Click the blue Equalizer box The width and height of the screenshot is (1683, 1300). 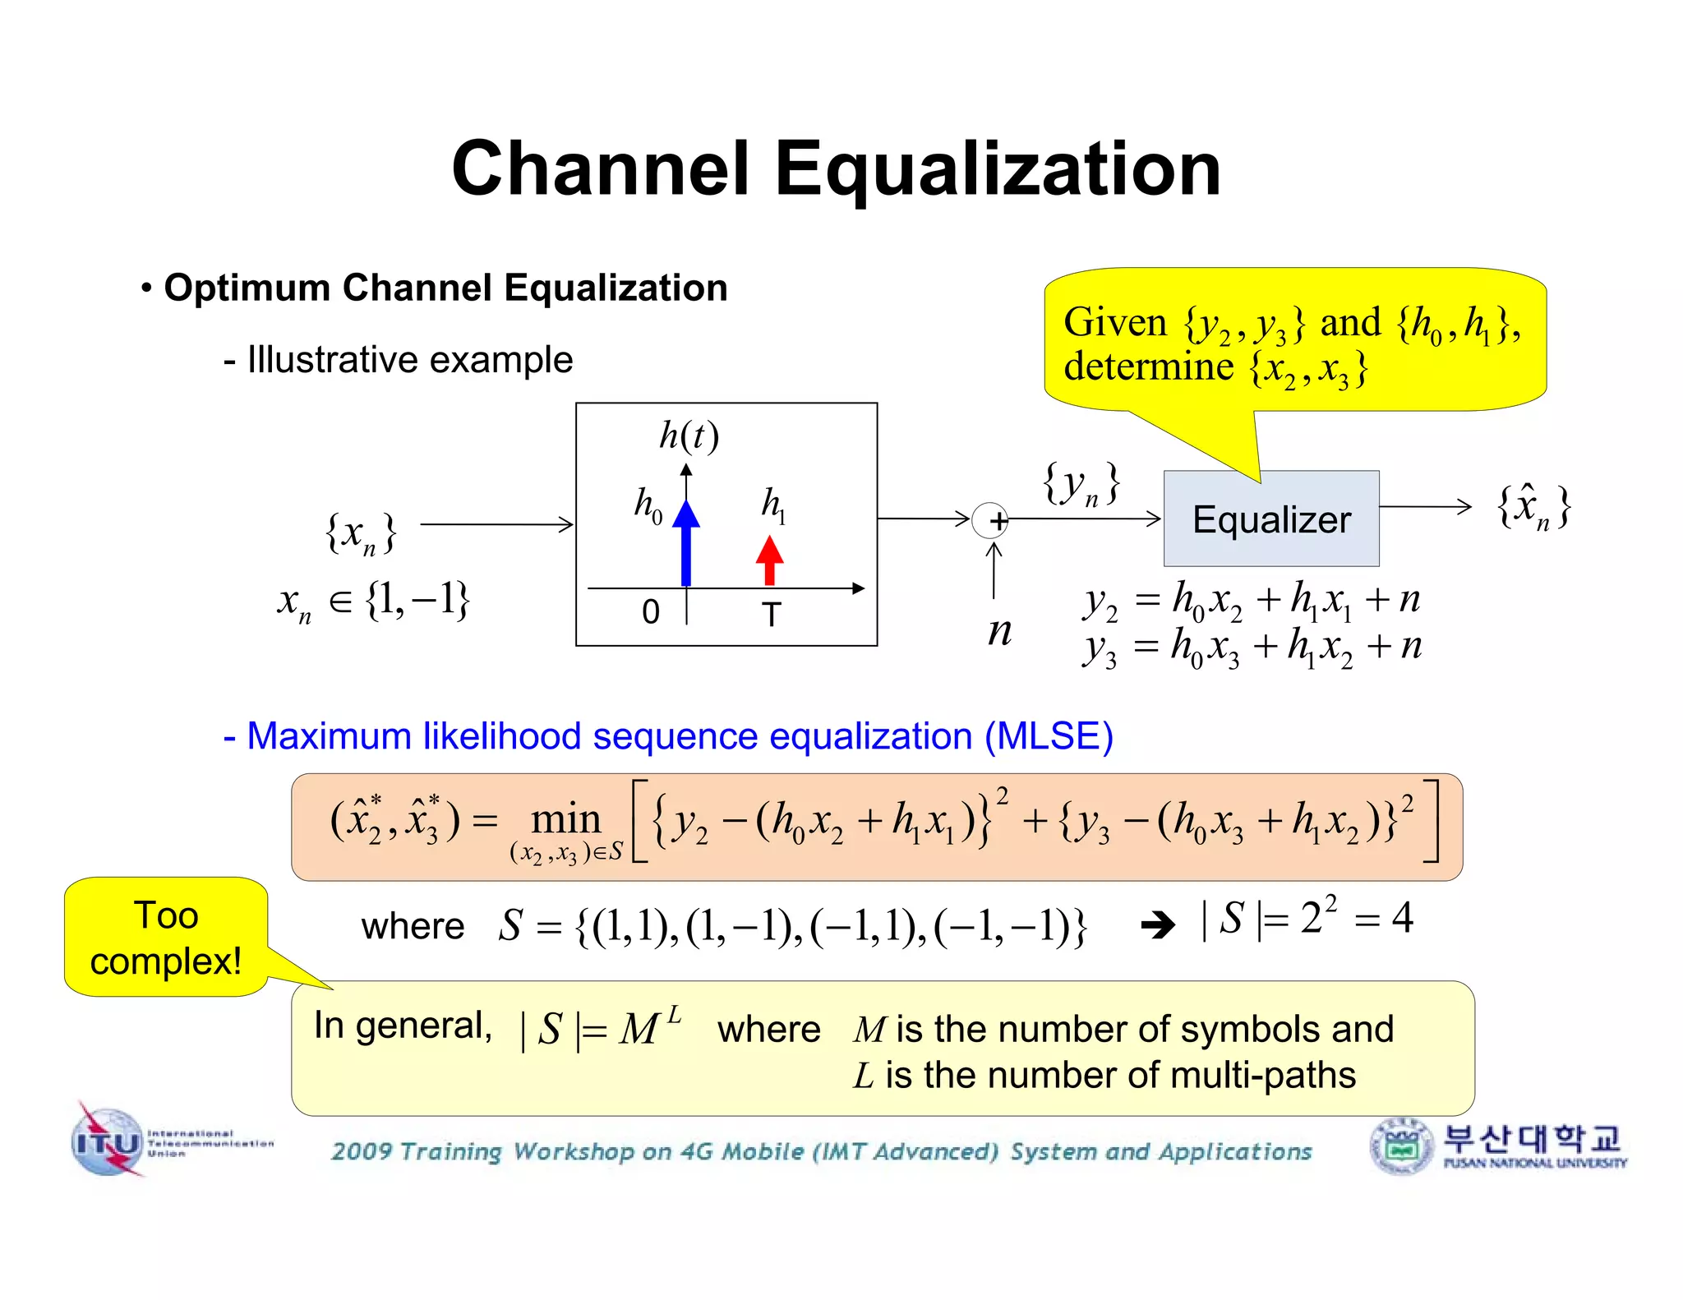pyautogui.click(x=1270, y=519)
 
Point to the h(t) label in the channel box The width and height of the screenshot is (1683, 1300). pyautogui.click(x=689, y=436)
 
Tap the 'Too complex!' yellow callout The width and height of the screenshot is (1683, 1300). pyautogui.click(x=166, y=937)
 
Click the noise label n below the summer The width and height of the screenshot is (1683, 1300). pyautogui.click(x=999, y=631)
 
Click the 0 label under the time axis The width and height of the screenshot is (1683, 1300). pyautogui.click(x=651, y=612)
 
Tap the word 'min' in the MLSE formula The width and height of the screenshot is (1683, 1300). pyautogui.click(x=565, y=819)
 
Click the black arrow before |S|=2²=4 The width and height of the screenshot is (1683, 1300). pyautogui.click(x=1158, y=926)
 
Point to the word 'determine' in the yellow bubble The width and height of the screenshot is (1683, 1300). pyautogui.click(x=1148, y=366)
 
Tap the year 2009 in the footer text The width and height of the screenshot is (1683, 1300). pyautogui.click(x=362, y=1151)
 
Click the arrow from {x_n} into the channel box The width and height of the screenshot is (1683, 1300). pyautogui.click(x=496, y=523)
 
